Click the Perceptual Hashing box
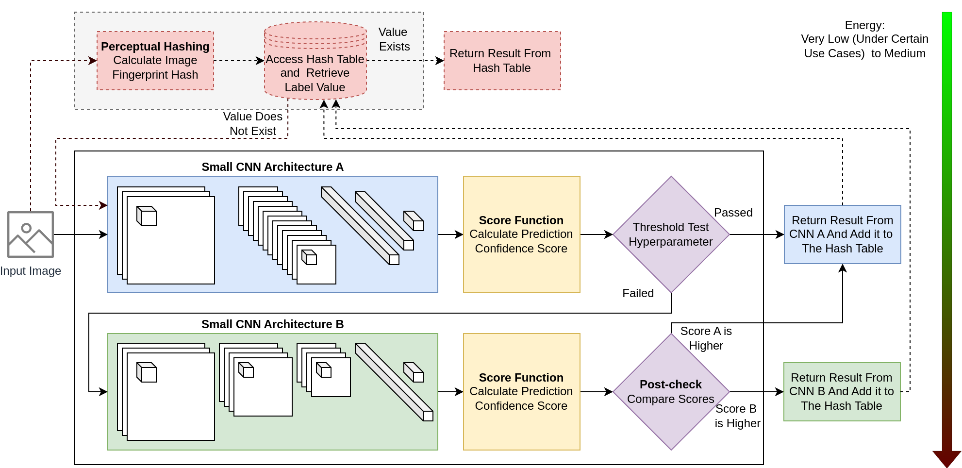pos(155,61)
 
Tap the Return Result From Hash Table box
pos(502,61)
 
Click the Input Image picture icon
pos(31,234)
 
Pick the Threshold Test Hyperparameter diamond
pos(671,234)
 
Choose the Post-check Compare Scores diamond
pos(671,392)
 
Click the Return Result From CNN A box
pos(842,234)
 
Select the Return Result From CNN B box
pos(842,392)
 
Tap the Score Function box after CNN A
pos(521,234)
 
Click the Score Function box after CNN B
pos(521,392)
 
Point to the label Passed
pos(733,213)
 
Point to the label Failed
pos(638,293)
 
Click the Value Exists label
pos(394,39)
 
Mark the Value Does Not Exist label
pos(252,124)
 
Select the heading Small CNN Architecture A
pos(272,167)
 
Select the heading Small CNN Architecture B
pos(272,324)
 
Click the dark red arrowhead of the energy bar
pos(946,458)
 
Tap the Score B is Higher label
pos(737,416)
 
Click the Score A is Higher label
pos(706,338)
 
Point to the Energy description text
pos(864,39)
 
